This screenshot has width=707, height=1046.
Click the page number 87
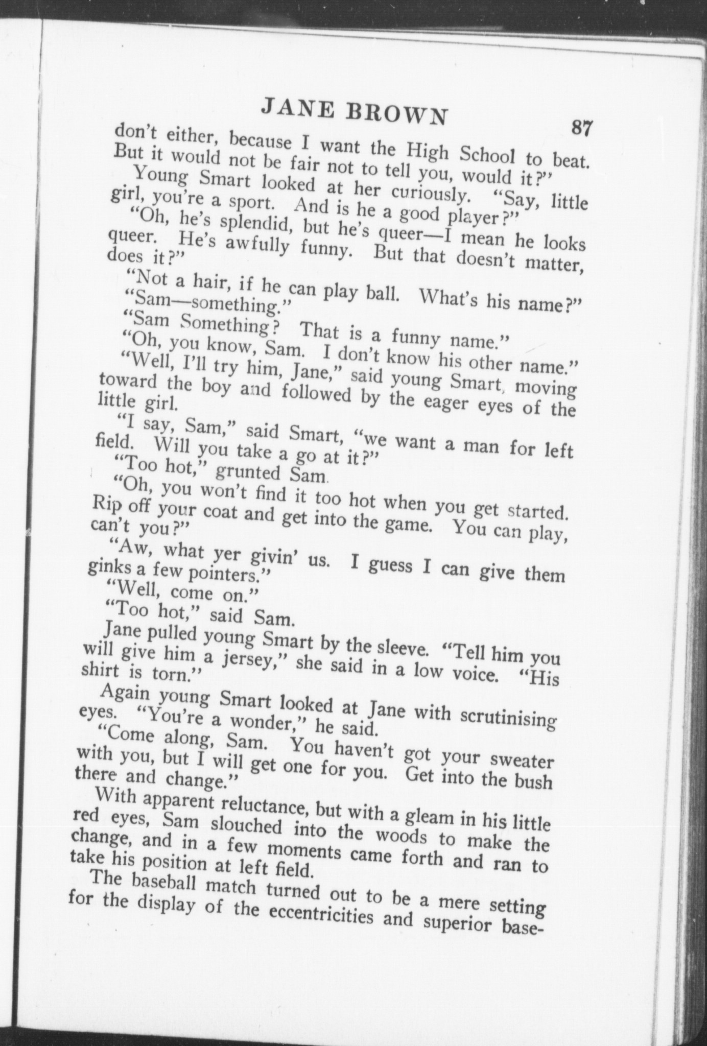581,127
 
